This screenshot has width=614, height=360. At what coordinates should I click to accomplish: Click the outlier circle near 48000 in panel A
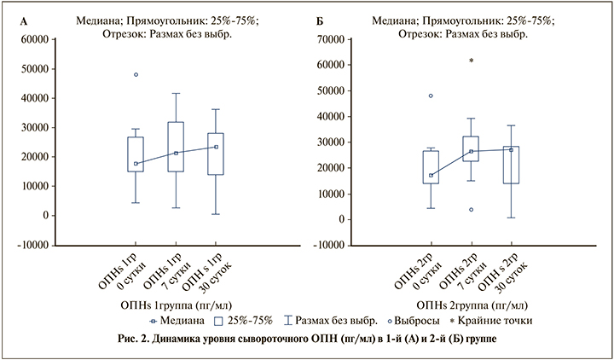[x=136, y=75]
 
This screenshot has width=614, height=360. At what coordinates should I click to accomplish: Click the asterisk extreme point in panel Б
[x=472, y=61]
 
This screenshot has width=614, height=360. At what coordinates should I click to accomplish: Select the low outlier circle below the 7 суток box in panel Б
[x=472, y=209]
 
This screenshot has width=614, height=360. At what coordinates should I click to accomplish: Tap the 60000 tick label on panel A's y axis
[x=33, y=39]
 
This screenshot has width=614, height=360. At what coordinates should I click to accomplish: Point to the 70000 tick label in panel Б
[x=329, y=39]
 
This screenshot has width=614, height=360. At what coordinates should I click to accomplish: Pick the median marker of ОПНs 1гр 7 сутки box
[x=176, y=154]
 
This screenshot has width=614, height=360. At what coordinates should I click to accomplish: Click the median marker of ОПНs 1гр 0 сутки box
[x=136, y=164]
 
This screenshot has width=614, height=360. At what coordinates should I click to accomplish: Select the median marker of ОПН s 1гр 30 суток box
[x=216, y=147]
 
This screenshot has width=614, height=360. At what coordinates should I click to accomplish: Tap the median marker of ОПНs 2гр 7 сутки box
[x=472, y=152]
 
